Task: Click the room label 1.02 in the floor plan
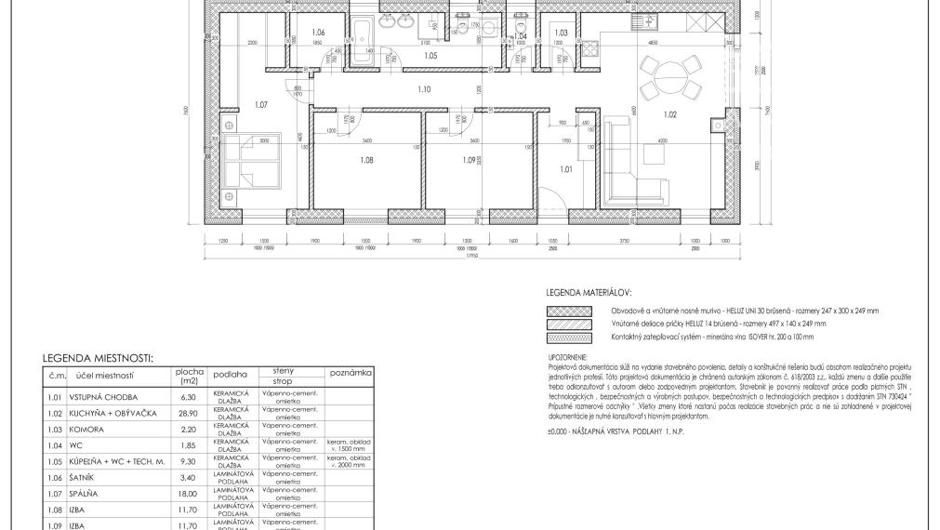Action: pyautogui.click(x=669, y=114)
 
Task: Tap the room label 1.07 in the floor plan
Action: pyautogui.click(x=260, y=105)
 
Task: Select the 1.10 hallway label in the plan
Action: pyautogui.click(x=424, y=89)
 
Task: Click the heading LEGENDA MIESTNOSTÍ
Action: pyautogui.click(x=98, y=357)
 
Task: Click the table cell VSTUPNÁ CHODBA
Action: pyautogui.click(x=99, y=397)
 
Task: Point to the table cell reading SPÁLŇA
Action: pyautogui.click(x=85, y=494)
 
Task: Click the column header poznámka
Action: pyautogui.click(x=350, y=371)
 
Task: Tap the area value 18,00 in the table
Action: pyautogui.click(x=189, y=494)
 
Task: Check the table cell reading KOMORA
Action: pyautogui.click(x=86, y=430)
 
